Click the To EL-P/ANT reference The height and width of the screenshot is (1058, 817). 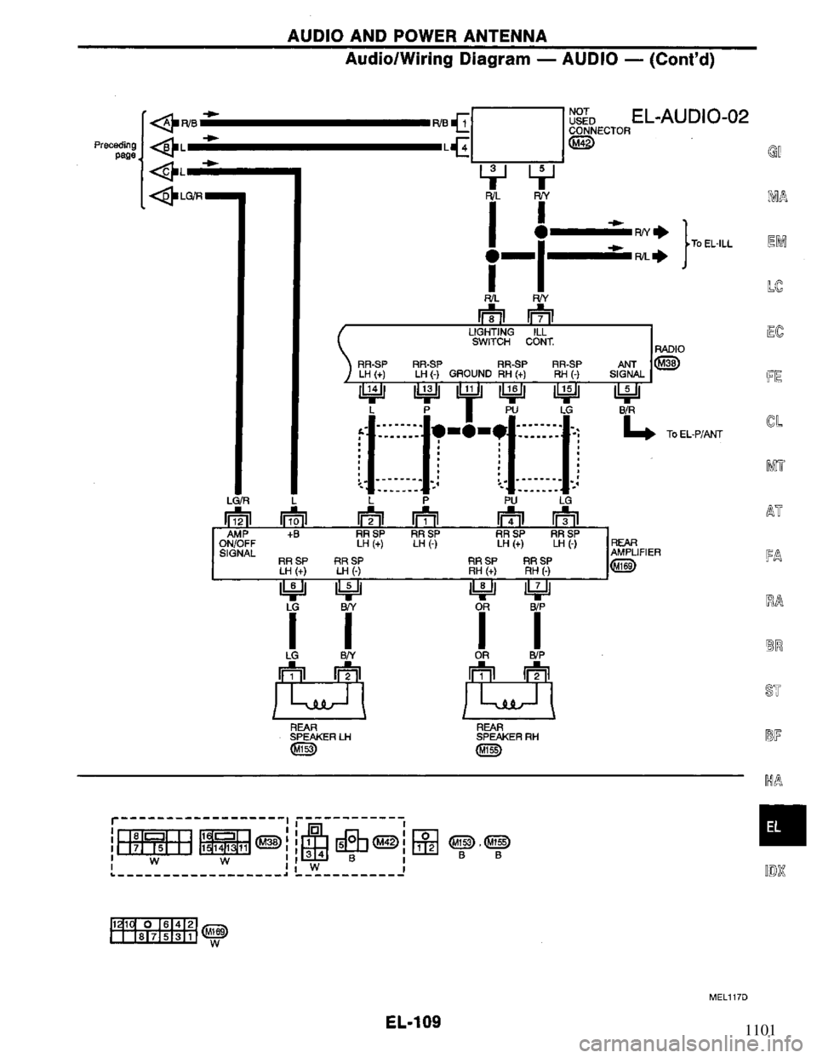[694, 433]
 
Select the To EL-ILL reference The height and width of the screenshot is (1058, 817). [713, 243]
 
